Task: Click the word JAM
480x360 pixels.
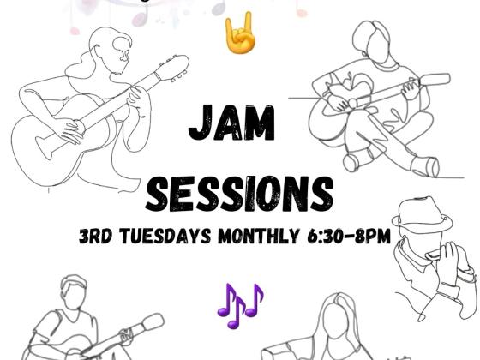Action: tap(231, 123)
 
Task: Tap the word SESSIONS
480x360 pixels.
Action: tap(239, 194)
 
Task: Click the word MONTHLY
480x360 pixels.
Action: tap(258, 236)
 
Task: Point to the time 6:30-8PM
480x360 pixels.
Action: tap(349, 236)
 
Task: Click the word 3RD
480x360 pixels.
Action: tap(95, 236)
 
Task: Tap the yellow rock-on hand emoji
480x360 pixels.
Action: tap(240, 33)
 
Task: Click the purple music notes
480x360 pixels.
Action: tap(240, 306)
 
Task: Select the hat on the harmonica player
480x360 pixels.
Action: tap(422, 213)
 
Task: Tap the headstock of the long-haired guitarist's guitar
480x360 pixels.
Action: tap(172, 68)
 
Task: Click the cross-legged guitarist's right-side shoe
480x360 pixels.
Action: tap(425, 166)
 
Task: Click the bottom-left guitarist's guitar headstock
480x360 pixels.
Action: tap(153, 322)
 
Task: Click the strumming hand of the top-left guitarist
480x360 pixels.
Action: tap(71, 130)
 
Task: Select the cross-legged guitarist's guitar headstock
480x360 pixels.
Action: tap(435, 80)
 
